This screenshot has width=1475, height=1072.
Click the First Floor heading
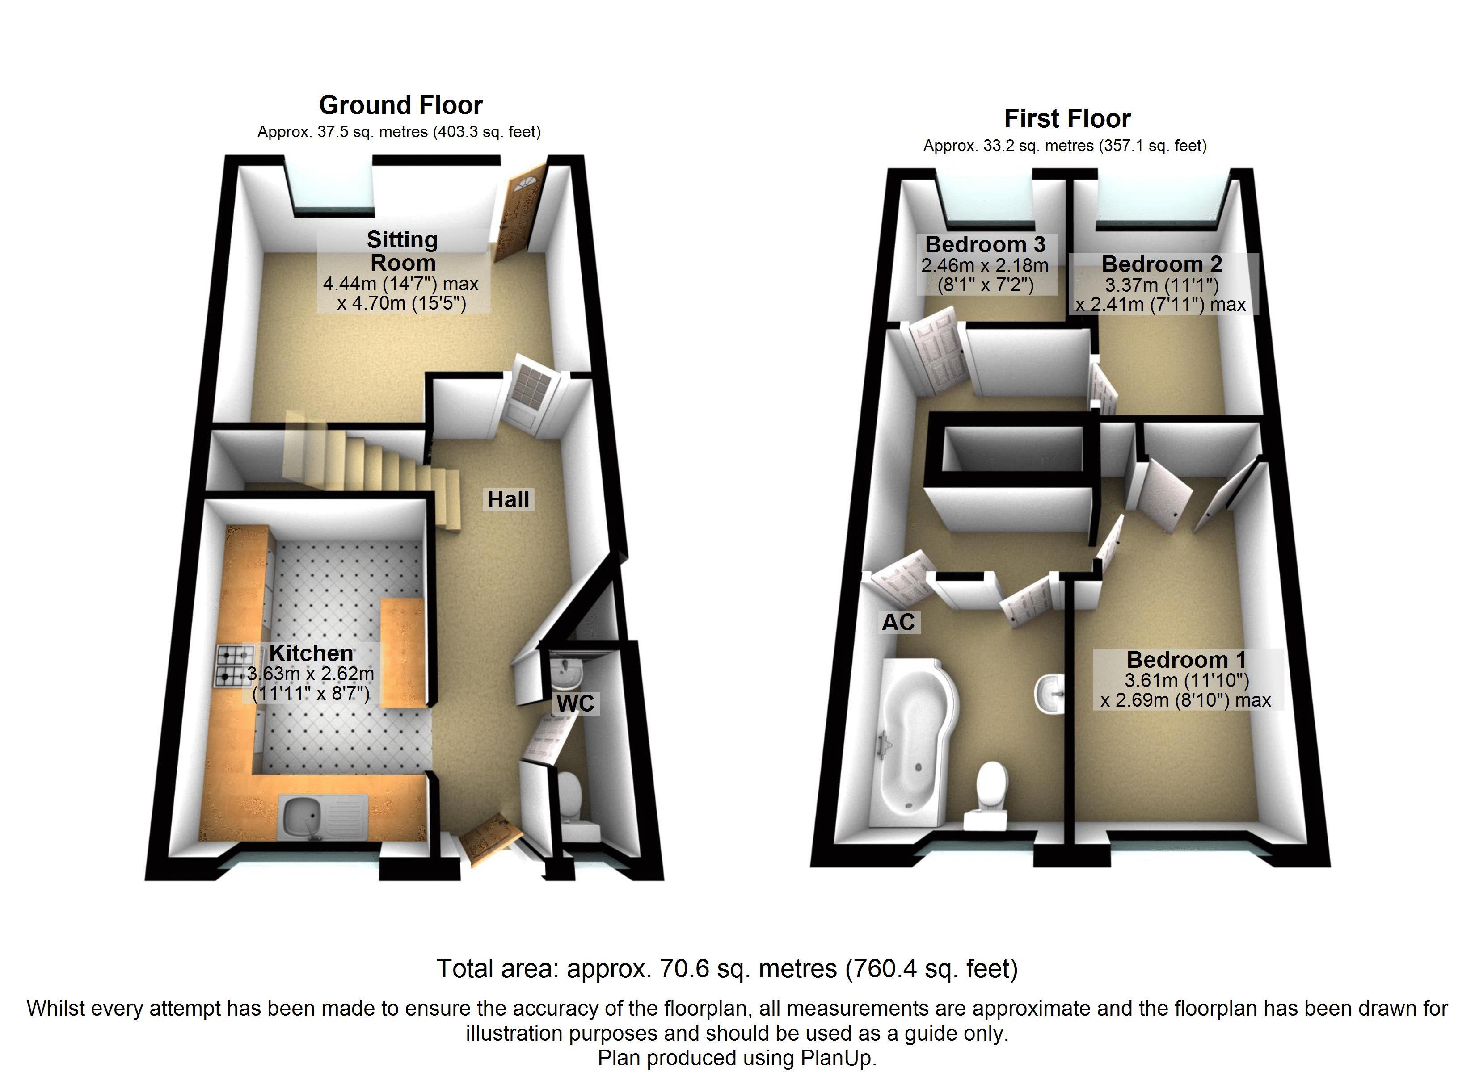1067,118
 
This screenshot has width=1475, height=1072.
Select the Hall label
509,499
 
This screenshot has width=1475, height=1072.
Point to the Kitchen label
311,653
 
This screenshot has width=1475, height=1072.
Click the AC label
898,622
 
